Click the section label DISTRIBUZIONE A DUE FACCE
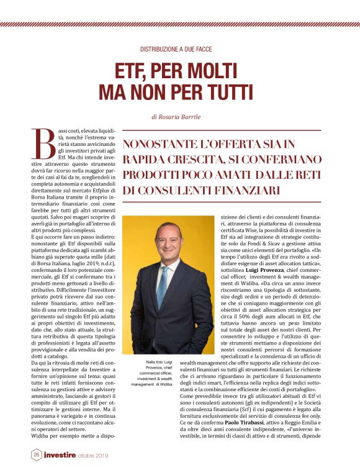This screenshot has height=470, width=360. point(180,48)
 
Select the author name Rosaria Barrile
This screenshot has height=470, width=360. point(184,116)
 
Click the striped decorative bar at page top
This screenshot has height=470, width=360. point(180,24)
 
